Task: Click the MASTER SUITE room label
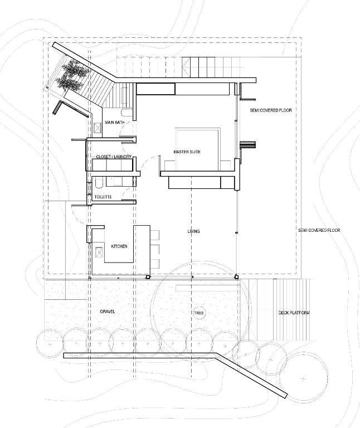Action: pos(187,152)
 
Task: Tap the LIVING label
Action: pos(193,231)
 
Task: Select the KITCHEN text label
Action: pos(119,246)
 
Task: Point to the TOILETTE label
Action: pos(103,197)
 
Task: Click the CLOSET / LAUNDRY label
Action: pos(114,157)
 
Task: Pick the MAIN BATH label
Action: pos(115,123)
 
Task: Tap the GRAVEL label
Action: pos(108,312)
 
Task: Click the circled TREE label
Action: pos(199,313)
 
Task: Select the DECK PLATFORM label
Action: pos(294,313)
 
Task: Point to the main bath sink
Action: pos(98,128)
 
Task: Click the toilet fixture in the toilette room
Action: pos(99,182)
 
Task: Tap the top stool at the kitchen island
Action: pos(154,235)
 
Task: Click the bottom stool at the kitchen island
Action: pos(154,264)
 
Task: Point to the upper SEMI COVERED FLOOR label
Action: pos(271,110)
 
